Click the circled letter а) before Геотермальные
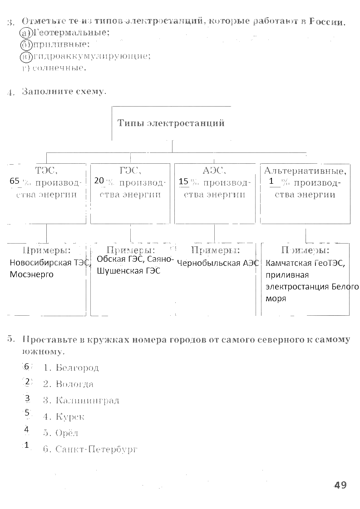[x=26, y=33]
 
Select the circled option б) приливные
[x=26, y=44]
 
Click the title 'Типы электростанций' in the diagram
[x=171, y=123]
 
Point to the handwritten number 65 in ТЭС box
[x=15, y=181]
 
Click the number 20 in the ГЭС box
[x=99, y=181]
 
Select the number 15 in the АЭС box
[x=183, y=181]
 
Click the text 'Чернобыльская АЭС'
[x=218, y=263]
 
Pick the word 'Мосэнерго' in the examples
[x=31, y=274]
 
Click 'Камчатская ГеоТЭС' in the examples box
[x=305, y=263]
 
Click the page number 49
[x=340, y=485]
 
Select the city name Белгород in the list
[x=77, y=367]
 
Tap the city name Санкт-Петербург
[x=96, y=450]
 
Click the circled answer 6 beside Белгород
[x=27, y=366]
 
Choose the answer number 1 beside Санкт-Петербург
[x=27, y=445]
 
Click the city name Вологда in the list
[x=74, y=384]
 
